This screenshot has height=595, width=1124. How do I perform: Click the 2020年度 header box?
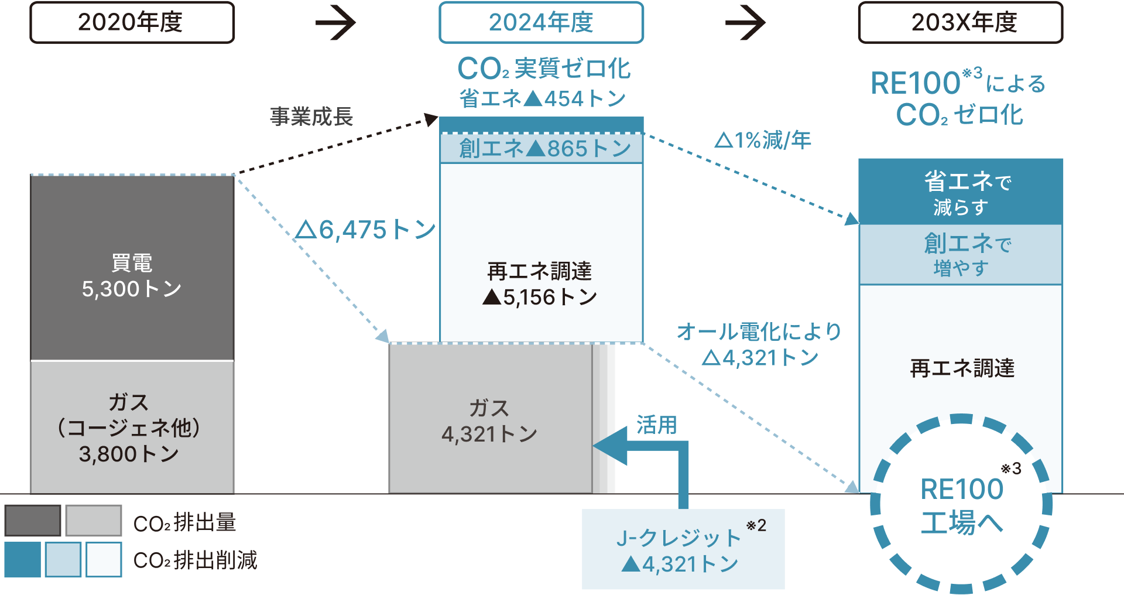click(x=132, y=23)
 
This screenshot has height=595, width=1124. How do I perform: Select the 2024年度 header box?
click(x=541, y=23)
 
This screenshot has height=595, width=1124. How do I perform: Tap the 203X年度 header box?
click(x=960, y=23)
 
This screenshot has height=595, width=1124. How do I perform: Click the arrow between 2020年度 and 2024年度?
click(x=335, y=23)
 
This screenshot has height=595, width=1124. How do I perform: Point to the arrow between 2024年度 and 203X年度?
click(x=745, y=23)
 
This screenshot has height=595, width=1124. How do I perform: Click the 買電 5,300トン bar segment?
click(x=132, y=275)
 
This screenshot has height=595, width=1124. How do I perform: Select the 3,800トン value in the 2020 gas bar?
click(x=129, y=454)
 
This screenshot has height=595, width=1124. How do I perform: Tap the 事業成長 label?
click(x=311, y=117)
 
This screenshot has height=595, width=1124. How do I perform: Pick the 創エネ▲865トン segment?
click(x=541, y=149)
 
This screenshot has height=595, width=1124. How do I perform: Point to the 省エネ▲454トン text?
click(x=542, y=98)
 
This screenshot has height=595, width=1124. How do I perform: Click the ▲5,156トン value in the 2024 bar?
click(x=540, y=297)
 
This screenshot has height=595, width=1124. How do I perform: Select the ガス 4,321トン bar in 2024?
click(x=490, y=420)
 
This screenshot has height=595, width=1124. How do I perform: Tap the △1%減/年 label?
click(x=763, y=140)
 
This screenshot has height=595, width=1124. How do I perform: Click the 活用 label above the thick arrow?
click(x=656, y=425)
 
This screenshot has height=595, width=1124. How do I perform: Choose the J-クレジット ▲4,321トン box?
click(x=683, y=549)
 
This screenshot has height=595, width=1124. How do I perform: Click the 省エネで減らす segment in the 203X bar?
click(x=960, y=192)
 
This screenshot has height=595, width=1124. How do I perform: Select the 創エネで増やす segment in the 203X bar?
click(x=960, y=255)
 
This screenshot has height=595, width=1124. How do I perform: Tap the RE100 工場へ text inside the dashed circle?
click(x=961, y=505)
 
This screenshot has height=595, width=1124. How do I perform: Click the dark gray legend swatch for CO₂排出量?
click(x=33, y=521)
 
